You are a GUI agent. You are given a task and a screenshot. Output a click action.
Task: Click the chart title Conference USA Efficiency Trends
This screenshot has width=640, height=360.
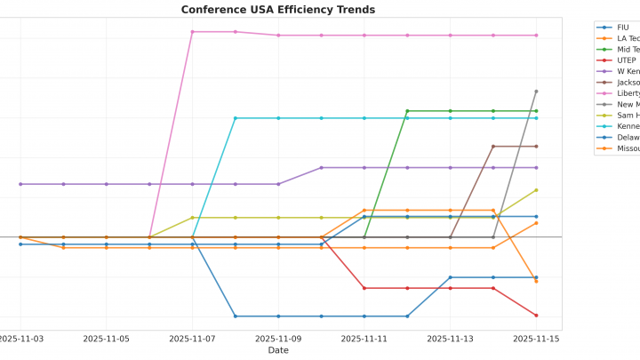coord(277,10)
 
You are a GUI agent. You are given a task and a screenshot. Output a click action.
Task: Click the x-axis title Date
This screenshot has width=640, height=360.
coord(277,350)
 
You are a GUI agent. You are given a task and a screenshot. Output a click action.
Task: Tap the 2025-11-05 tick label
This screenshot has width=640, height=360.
coord(107,339)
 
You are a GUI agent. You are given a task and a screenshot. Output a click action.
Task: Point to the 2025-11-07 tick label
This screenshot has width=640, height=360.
coord(192,339)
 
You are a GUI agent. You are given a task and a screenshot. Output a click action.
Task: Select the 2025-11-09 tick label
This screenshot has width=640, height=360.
coord(278,339)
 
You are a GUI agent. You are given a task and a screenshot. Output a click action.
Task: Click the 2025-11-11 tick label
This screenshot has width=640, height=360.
coord(364,339)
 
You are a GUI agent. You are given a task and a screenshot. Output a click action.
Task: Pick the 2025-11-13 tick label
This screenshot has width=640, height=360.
coord(450,339)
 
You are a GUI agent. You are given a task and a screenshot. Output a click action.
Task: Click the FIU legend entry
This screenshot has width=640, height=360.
coord(622,28)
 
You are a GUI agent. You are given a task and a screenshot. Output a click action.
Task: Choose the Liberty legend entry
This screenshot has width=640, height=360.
coord(628,93)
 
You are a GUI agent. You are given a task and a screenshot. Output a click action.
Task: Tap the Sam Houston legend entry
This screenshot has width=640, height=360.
coord(628,116)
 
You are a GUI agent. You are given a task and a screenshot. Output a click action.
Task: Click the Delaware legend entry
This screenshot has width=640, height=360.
coord(628,138)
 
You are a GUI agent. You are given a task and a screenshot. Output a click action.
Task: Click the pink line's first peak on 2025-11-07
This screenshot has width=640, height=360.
coord(192,32)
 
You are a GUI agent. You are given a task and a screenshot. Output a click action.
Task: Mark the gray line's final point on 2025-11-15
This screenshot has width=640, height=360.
coord(536,91)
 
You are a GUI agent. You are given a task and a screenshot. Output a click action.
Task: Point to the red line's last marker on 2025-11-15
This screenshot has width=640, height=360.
coord(536,316)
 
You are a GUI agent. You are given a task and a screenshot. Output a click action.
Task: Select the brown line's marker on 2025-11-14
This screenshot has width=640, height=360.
coord(493,146)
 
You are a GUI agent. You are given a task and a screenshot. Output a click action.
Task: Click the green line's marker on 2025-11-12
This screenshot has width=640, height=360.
coord(407,111)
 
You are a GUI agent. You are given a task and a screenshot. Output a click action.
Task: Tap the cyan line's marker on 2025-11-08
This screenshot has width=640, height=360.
coord(236,118)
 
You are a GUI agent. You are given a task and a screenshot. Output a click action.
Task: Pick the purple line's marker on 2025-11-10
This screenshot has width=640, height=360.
coord(321,167)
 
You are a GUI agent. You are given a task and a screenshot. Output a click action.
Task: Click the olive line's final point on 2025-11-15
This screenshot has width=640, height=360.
coord(536,189)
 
